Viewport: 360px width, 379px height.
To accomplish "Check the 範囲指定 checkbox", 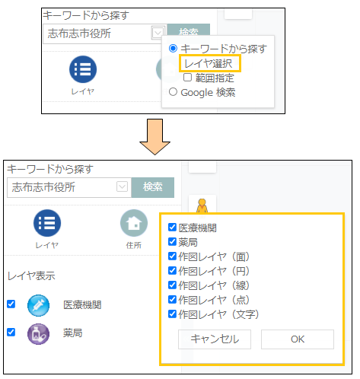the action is point(187,78).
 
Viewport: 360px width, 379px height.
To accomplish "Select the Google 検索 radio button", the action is point(173,92).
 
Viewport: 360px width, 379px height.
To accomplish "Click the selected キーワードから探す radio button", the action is point(173,48).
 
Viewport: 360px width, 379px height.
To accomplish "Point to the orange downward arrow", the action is point(155,137).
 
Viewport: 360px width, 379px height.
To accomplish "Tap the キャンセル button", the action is point(215,339).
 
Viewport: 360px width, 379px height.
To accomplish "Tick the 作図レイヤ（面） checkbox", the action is point(172,256).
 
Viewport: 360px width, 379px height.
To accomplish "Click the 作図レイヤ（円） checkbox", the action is point(172,271).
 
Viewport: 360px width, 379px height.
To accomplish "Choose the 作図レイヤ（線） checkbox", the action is point(172,285).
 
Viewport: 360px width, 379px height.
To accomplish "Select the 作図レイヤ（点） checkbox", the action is point(172,300).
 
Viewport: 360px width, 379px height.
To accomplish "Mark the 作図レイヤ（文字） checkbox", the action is point(172,314).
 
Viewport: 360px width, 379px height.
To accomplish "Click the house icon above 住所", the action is point(134,223).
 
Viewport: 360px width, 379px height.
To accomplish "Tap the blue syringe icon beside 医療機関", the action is point(38,305).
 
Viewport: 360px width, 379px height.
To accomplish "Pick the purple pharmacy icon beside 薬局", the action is point(38,334).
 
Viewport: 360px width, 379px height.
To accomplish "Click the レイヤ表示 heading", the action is point(31,276).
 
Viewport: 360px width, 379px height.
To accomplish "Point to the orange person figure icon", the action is point(202,208).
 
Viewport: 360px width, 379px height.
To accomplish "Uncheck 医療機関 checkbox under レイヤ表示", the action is point(11,304).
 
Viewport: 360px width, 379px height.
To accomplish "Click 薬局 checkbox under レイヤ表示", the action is point(11,332).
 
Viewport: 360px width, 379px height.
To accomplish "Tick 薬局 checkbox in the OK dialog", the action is point(172,242).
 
